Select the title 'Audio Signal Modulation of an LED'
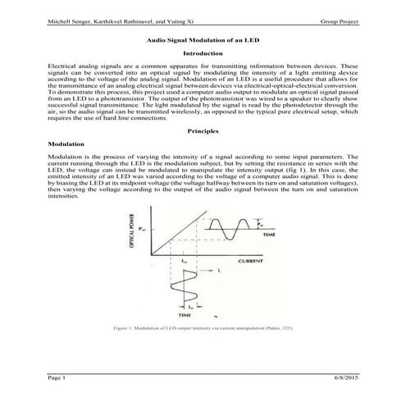(203, 39)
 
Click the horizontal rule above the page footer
(203, 372)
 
